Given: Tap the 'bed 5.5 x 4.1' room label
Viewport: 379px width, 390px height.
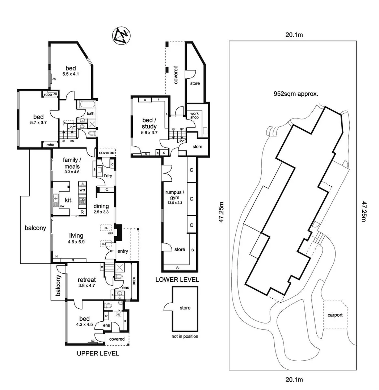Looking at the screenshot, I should pyautogui.click(x=71, y=71).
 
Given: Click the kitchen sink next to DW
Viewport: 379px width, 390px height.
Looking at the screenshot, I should pyautogui.click(x=56, y=200).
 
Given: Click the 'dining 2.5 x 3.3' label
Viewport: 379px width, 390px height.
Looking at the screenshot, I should pyautogui.click(x=101, y=209).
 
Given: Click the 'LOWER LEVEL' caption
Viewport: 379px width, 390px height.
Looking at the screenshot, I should pyautogui.click(x=177, y=279).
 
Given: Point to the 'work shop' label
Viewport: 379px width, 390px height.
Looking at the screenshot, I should pyautogui.click(x=194, y=116).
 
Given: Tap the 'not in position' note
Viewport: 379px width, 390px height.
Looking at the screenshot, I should pyautogui.click(x=185, y=337).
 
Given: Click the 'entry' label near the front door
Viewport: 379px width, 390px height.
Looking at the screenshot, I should pyautogui.click(x=122, y=251).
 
